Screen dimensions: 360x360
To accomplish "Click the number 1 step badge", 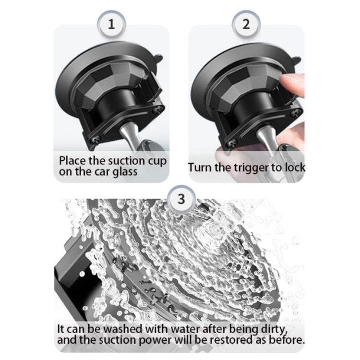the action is click(x=111, y=24).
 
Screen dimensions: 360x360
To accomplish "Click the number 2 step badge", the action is click(x=246, y=24).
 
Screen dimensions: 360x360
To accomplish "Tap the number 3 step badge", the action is click(x=181, y=199).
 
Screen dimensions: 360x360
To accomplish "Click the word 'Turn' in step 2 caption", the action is click(x=200, y=168).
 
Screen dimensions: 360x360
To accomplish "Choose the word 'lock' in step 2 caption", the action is click(x=295, y=168).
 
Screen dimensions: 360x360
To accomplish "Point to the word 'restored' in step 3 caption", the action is click(x=232, y=340).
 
